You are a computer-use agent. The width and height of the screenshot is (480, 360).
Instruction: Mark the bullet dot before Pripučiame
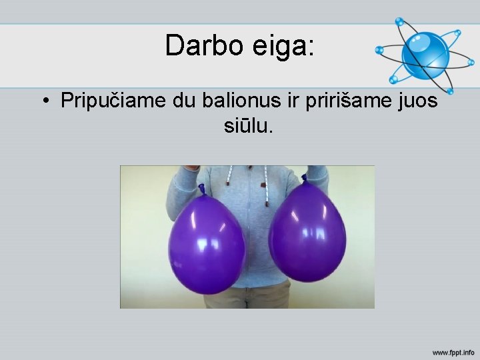45,102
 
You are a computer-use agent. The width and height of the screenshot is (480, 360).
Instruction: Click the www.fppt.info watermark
453,351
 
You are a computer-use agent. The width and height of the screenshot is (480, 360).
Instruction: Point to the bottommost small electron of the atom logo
450,91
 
